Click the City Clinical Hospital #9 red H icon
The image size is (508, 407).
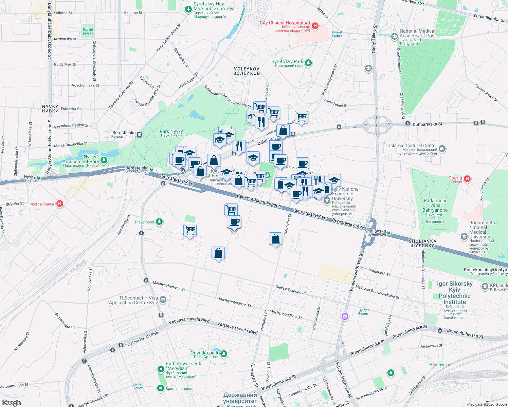(x=315, y=26)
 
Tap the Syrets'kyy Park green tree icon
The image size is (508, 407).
(x=308, y=63)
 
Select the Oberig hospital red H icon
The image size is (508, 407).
(x=467, y=179)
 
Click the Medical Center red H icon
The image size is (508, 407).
(x=60, y=203)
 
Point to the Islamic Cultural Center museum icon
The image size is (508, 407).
(x=442, y=149)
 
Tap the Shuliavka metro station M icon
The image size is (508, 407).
(x=388, y=233)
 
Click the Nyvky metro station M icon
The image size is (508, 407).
(x=39, y=177)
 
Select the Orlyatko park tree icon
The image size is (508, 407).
(x=223, y=354)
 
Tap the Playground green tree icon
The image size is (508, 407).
(x=159, y=222)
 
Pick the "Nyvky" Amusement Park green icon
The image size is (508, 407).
(x=104, y=160)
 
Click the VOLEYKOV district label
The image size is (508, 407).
(x=247, y=71)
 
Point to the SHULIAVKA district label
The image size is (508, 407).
(x=422, y=243)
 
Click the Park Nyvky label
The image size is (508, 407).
(x=171, y=133)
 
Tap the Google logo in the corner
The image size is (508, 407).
(x=11, y=403)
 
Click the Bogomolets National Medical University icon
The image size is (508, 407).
(x=464, y=236)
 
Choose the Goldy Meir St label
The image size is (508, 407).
(x=65, y=64)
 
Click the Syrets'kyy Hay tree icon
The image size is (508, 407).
(x=188, y=9)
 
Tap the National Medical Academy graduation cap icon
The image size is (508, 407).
(x=394, y=37)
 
